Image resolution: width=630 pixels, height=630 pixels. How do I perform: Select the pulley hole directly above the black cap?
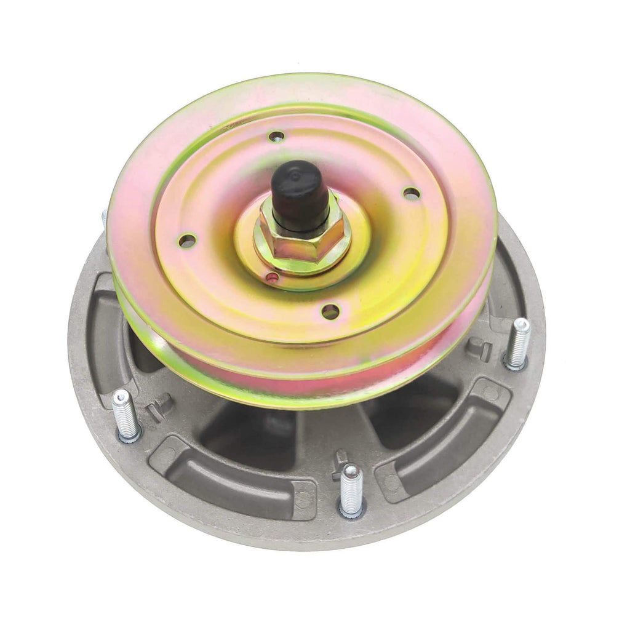(277, 137)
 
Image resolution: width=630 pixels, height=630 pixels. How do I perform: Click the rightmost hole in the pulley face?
(412, 193)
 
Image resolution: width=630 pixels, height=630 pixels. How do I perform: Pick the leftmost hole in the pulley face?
(187, 241)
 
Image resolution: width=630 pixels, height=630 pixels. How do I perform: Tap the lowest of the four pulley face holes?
(330, 311)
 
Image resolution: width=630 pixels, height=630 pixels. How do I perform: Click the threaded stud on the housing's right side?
(517, 343)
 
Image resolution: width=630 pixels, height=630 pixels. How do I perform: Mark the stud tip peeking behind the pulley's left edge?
(104, 217)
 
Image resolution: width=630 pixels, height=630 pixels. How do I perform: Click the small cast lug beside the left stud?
(158, 407)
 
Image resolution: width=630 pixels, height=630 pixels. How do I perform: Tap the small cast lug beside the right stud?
(479, 349)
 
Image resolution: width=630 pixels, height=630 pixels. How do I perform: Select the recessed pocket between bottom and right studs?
(443, 437)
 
